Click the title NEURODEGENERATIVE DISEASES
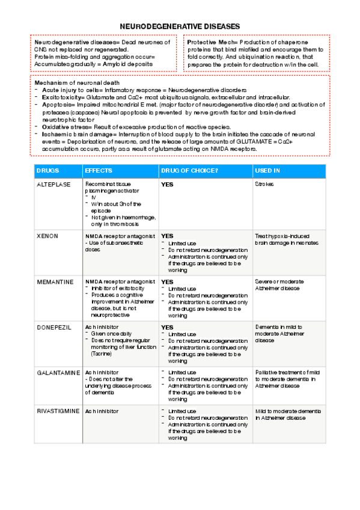point(180,26)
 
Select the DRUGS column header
point(48,171)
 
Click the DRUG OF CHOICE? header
point(190,171)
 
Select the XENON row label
point(47,236)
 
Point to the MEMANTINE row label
point(55,281)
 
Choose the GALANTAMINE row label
point(58,373)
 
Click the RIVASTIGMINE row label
point(58,411)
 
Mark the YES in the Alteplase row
point(167,185)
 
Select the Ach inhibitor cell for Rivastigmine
point(102,411)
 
